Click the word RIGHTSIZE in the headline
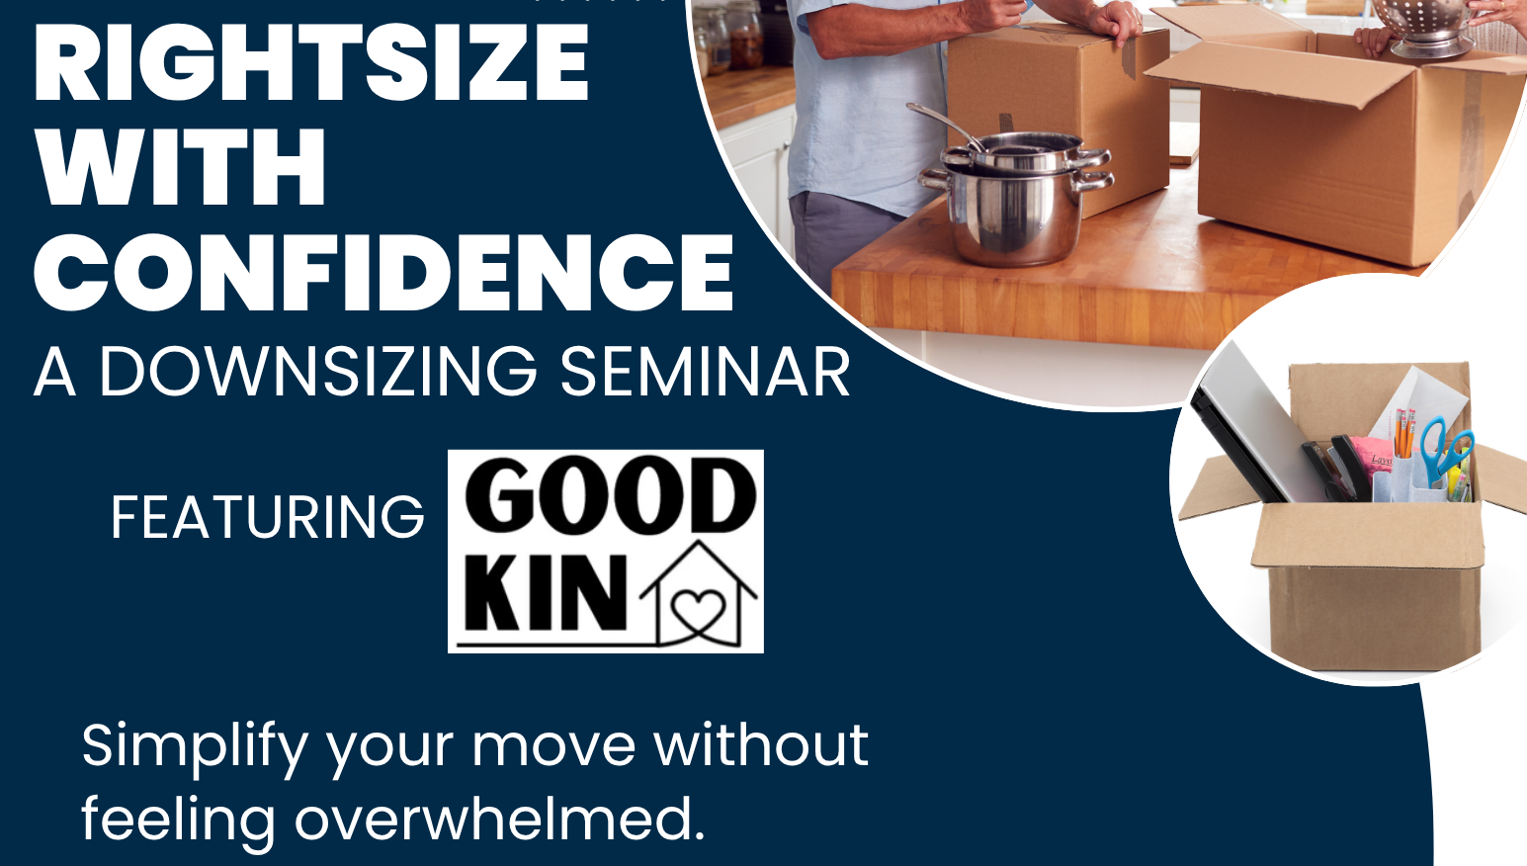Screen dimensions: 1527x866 311,62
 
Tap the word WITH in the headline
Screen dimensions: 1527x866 180,166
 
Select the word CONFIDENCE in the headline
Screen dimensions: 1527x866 383,272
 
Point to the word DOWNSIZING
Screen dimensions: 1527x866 318,371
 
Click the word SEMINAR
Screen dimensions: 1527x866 705,371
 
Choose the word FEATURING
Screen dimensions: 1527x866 267,517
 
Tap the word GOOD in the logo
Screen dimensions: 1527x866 611,497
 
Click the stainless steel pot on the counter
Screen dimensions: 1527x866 1017,200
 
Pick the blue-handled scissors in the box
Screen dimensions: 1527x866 1444,450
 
